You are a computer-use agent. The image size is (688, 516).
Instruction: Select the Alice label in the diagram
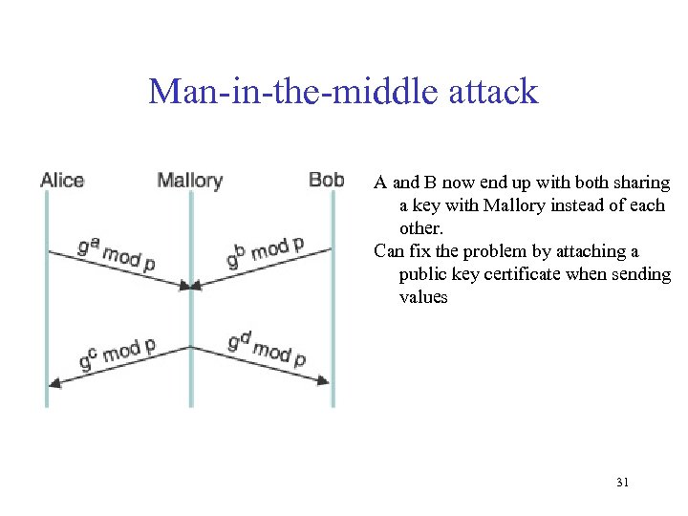62,180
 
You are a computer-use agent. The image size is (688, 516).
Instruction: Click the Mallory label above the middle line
189,180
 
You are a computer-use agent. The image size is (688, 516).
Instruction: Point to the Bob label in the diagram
327,179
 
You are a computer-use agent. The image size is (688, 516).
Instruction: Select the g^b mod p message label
265,252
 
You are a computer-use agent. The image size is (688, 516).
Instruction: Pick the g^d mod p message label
267,351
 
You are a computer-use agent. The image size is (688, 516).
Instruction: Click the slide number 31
622,483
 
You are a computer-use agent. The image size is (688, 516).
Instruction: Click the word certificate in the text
558,274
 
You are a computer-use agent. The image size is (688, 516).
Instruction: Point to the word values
423,297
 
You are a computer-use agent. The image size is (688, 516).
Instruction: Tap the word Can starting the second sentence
388,251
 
